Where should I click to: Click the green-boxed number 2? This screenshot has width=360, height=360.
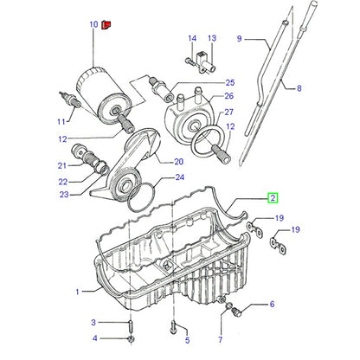point(273,197)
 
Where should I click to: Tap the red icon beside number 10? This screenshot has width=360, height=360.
point(106,25)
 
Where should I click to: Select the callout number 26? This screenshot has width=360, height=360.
point(228,96)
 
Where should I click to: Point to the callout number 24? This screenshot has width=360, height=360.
point(180,177)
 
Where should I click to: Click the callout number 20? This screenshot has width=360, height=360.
point(178,161)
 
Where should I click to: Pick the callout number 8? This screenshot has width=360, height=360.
point(299,88)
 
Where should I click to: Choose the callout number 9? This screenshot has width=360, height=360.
point(239,38)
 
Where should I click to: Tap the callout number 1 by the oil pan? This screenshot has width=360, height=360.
point(77,292)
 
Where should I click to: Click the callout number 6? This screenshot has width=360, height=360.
point(272,304)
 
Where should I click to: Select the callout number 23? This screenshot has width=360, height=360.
point(64,195)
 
